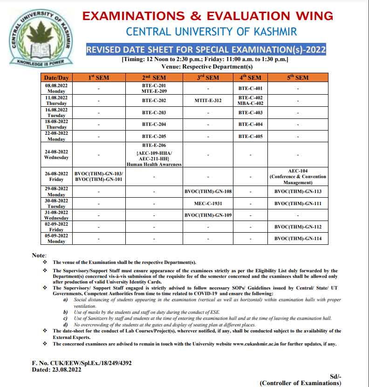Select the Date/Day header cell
click(56, 77)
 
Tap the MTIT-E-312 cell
click(208, 100)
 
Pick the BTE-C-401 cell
click(250, 88)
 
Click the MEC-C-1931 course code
click(208, 203)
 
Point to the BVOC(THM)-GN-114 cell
click(298, 238)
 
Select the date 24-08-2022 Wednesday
click(56, 154)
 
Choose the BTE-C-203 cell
click(153, 112)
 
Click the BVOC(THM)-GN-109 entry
click(208, 215)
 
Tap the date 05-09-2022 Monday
click(56, 238)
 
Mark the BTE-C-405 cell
click(250, 136)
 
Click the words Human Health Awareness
click(154, 164)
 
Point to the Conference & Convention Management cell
click(298, 177)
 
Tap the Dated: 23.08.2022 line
click(56, 369)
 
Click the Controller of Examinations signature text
click(300, 383)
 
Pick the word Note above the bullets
click(39, 256)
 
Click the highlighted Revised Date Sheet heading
click(206, 49)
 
